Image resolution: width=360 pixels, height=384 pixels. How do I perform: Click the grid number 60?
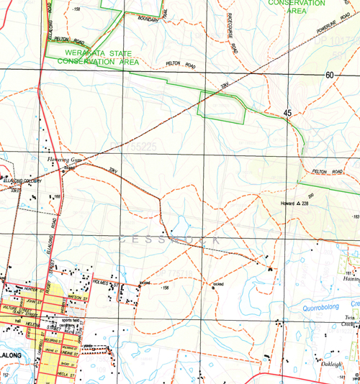pos(330,76)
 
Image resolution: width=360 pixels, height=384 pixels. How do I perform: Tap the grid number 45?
pos(288,114)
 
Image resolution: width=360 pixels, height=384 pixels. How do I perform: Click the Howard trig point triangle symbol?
pos(299,204)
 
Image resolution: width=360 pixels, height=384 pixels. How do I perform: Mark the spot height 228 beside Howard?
pos(305,204)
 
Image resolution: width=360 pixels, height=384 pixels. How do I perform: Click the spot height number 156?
pos(166,288)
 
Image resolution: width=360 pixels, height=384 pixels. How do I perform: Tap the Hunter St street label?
pos(34,288)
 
